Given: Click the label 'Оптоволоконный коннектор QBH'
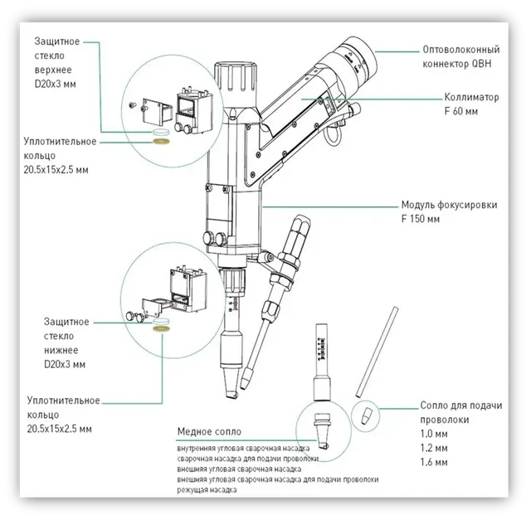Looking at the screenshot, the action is click(x=461, y=56).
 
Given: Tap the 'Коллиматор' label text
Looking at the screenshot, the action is click(x=471, y=97).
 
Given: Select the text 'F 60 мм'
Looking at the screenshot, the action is click(x=461, y=111).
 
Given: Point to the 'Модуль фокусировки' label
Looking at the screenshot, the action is click(x=449, y=205).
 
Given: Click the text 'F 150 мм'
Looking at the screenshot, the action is click(x=421, y=219).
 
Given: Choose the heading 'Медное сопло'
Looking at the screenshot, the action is click(x=209, y=432).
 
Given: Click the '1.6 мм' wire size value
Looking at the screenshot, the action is click(x=434, y=462).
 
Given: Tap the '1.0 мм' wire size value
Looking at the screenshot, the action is click(x=434, y=434).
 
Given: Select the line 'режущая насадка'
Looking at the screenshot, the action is click(x=207, y=490).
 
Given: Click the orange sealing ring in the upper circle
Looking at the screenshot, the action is click(x=161, y=141).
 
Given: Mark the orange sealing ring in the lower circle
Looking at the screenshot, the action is click(x=162, y=328).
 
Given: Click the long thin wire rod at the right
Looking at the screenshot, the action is click(x=377, y=352).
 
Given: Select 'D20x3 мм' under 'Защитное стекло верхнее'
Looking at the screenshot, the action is click(x=55, y=84).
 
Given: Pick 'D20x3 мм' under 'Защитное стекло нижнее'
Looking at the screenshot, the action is click(x=65, y=365).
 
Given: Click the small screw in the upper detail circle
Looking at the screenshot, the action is click(x=133, y=105).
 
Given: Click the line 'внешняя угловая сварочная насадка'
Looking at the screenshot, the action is click(x=239, y=469).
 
